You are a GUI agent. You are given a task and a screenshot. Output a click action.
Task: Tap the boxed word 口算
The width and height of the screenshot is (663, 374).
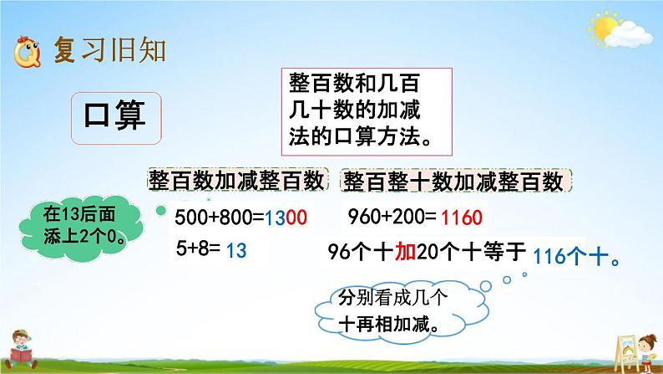tap(115, 116)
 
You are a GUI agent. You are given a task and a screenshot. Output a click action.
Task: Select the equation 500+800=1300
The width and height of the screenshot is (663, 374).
tap(241, 219)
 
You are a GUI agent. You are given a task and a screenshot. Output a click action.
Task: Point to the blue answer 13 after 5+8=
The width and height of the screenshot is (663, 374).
tap(237, 250)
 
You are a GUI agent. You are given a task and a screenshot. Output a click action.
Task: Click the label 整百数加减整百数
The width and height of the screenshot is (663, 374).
tap(235, 181)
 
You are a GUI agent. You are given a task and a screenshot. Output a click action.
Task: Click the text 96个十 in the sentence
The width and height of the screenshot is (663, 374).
tap(356, 250)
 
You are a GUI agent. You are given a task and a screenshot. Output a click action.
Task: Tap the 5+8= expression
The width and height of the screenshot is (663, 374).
tap(199, 250)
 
